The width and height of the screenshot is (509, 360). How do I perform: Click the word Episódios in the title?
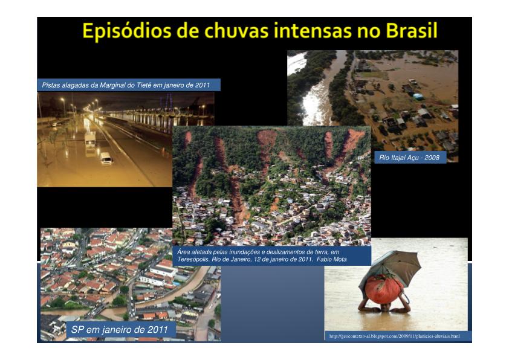point(126,32)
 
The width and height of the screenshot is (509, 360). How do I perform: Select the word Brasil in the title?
point(412,31)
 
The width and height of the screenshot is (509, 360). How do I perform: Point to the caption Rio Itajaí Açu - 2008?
point(409,158)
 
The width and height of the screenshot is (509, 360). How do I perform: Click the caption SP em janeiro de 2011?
point(120,330)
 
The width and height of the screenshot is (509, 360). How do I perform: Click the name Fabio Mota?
point(331,260)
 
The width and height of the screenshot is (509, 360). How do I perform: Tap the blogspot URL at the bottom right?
point(394,336)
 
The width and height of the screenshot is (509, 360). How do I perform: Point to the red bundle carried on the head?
point(383,289)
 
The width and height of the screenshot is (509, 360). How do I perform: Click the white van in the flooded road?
point(106,159)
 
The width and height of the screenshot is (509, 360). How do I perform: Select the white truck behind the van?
point(90,140)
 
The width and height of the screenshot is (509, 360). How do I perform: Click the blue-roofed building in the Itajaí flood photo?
point(418,96)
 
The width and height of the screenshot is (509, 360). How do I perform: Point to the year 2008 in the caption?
point(432,158)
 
